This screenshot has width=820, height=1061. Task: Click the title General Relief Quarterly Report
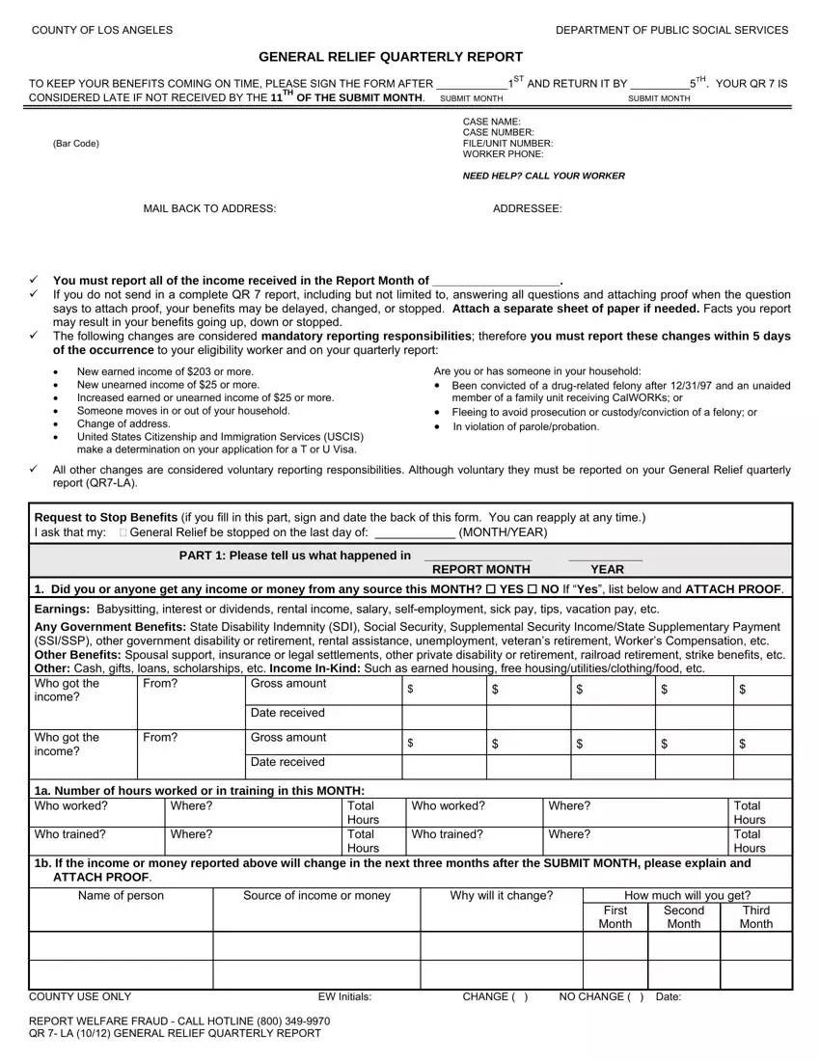point(391,57)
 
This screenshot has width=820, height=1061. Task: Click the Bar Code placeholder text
point(76,144)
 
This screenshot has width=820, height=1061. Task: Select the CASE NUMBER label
point(498,132)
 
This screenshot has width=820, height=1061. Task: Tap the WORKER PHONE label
point(503,154)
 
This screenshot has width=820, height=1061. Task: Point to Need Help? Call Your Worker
point(543,176)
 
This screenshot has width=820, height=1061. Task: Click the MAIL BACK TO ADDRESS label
point(209,208)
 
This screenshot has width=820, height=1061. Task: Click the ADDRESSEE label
point(527,208)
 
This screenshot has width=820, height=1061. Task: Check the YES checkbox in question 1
point(491,589)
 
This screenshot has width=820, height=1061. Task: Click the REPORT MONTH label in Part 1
point(480,569)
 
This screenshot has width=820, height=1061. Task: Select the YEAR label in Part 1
point(607,569)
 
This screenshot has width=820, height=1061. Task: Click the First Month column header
point(615,917)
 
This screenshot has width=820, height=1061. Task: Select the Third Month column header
point(755,917)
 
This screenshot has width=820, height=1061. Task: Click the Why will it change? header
point(501,896)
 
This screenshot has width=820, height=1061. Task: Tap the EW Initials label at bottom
point(344,997)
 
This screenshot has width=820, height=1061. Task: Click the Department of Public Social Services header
point(671,30)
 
